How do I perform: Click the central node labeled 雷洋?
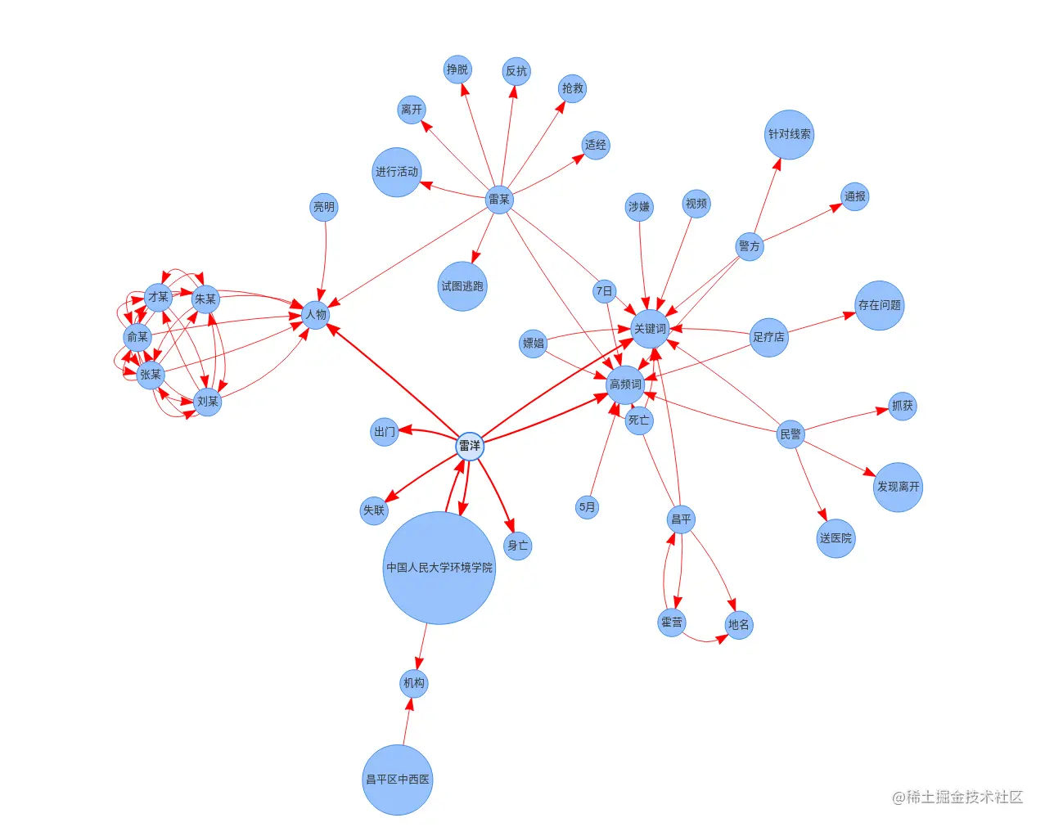click(470, 446)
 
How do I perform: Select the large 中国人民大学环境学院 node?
click(439, 568)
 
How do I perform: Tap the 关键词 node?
click(651, 329)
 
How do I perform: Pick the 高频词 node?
click(625, 384)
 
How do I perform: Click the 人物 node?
click(316, 315)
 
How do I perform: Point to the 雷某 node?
click(499, 200)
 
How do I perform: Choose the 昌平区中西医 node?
click(398, 780)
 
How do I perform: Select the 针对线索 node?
click(790, 134)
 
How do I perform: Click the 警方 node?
click(750, 246)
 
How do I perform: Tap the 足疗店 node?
click(769, 337)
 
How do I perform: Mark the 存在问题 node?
click(880, 305)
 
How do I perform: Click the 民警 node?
click(791, 434)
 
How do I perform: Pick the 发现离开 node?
click(898, 487)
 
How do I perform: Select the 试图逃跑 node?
click(462, 286)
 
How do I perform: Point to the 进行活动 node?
click(397, 172)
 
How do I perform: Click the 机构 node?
click(414, 683)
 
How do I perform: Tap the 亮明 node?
click(324, 207)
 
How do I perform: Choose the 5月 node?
click(587, 507)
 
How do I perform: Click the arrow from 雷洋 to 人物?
click(393, 380)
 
